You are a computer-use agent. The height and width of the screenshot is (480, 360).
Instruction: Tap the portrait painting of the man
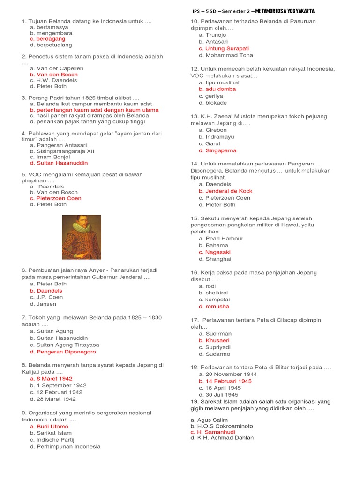tap(82, 237)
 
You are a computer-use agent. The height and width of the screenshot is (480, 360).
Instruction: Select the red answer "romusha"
tap(217, 307)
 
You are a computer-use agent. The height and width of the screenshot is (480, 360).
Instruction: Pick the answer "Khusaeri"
tap(217, 341)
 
